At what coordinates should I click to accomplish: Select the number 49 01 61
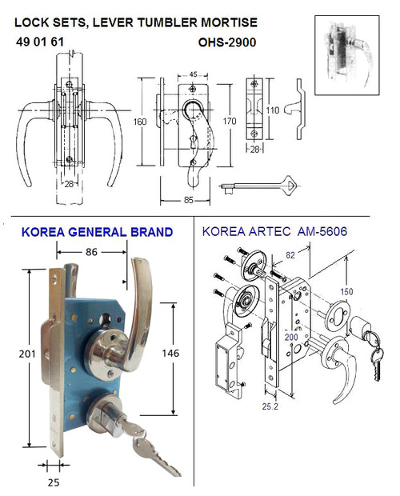(x=39, y=42)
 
